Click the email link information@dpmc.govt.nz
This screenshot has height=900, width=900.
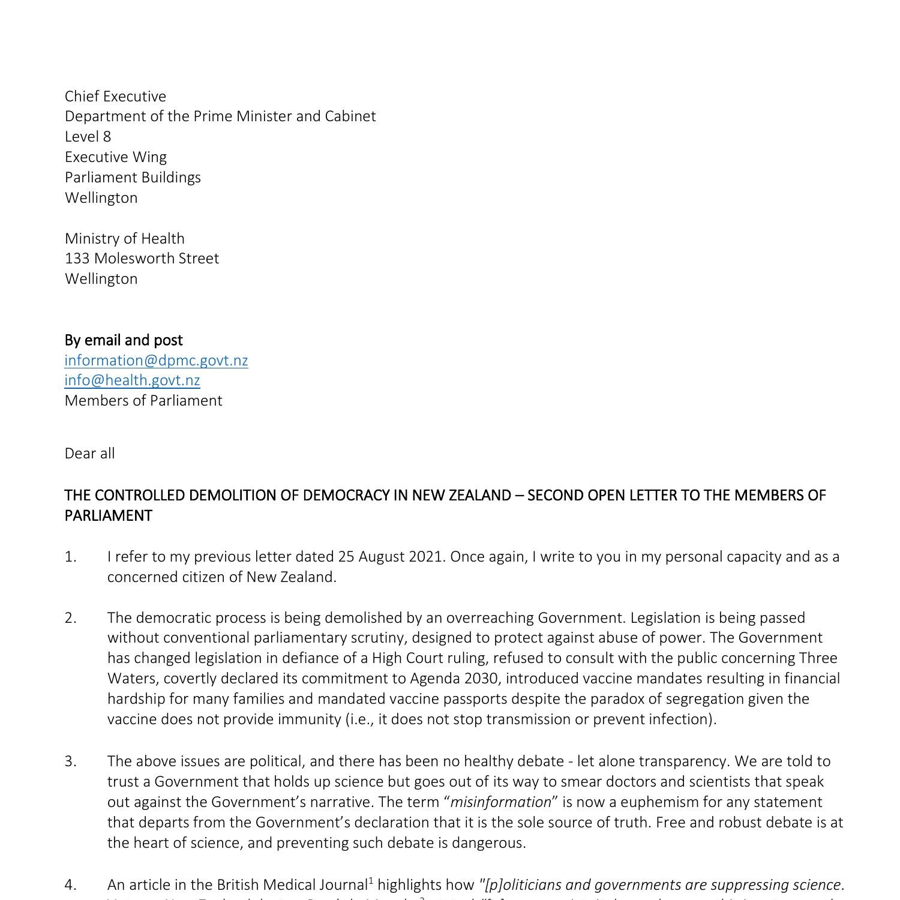tap(156, 361)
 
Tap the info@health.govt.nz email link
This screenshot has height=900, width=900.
tap(132, 380)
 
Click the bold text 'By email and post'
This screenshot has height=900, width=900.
tap(124, 340)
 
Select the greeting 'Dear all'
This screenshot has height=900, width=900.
tap(89, 454)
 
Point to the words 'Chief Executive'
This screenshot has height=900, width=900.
tap(115, 97)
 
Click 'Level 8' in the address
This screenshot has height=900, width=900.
tap(88, 137)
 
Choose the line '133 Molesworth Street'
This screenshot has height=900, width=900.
tap(142, 259)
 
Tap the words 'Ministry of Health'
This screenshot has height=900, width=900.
tap(124, 239)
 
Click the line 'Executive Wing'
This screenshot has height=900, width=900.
tap(116, 157)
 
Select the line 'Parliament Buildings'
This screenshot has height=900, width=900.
tap(133, 178)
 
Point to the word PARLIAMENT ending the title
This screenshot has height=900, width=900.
tap(108, 516)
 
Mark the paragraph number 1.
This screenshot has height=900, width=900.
tap(71, 557)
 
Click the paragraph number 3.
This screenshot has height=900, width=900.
tap(71, 761)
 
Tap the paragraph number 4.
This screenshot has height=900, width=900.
tap(71, 885)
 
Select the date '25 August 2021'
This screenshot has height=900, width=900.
tap(391, 557)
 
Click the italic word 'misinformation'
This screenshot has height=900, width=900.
tap(500, 802)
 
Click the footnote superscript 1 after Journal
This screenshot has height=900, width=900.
tap(371, 881)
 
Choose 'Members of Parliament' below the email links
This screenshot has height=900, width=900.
tap(143, 401)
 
